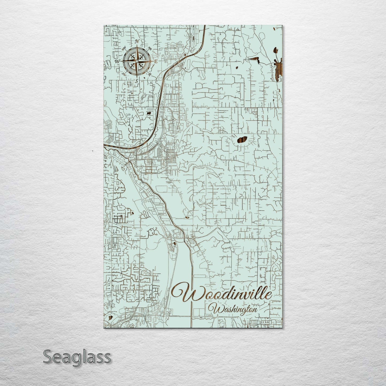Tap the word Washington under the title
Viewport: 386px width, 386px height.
tap(235, 310)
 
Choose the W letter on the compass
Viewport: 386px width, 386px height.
tap(117, 61)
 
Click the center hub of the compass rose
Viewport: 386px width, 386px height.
tap(137, 61)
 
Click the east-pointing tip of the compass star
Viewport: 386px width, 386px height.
tap(153, 61)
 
